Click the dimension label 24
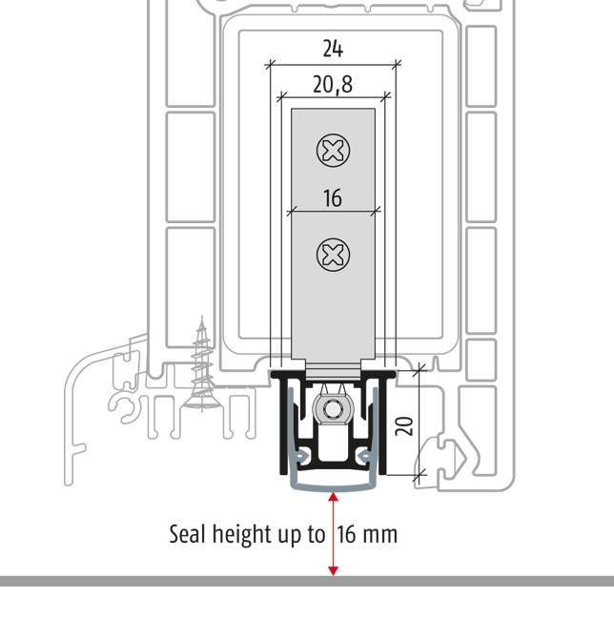[x=333, y=49]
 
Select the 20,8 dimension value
[x=333, y=85]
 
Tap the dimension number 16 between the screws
[x=333, y=198]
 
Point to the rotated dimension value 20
[x=404, y=426]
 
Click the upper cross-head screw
[x=333, y=151]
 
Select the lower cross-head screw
[x=333, y=255]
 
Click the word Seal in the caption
[x=188, y=534]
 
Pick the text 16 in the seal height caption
[x=346, y=534]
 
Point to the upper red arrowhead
[x=334, y=497]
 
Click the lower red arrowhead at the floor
[x=334, y=571]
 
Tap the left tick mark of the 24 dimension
[x=270, y=64]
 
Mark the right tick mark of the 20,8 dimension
[x=385, y=95]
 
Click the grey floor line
[x=307, y=581]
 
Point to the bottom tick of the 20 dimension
[x=420, y=475]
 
